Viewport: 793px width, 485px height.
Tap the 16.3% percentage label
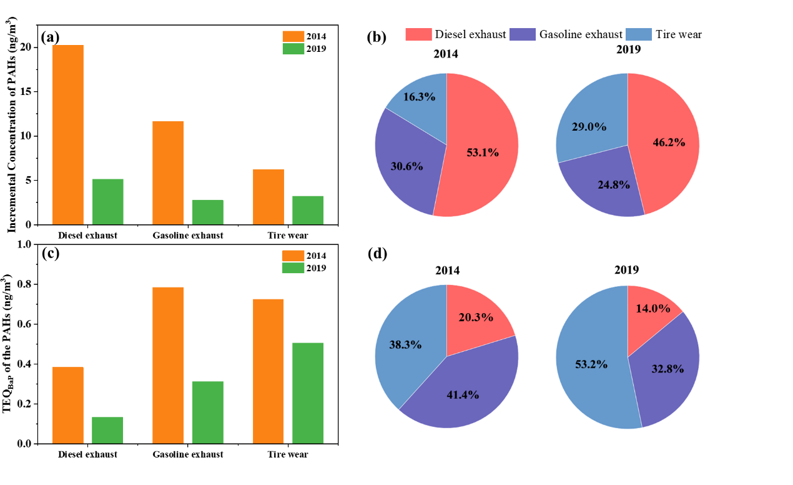click(x=419, y=97)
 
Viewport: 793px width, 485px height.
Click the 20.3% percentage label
click(x=476, y=317)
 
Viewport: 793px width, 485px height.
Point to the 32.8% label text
click(x=667, y=369)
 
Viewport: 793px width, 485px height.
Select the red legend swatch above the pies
click(x=418, y=34)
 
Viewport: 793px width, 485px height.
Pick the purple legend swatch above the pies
click(x=522, y=34)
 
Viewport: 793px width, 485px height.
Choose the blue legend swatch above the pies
click(x=638, y=34)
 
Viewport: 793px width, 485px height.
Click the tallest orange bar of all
click(x=67, y=134)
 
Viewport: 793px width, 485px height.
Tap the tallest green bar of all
click(x=308, y=392)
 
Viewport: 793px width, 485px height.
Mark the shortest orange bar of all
click(x=268, y=196)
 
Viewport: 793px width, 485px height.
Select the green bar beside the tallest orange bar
click(x=108, y=201)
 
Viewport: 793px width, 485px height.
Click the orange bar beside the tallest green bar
click(x=268, y=371)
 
